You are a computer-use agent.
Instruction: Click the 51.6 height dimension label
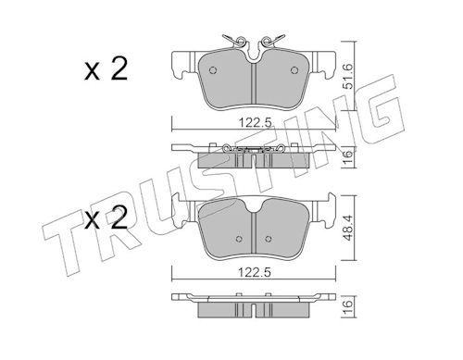coord(348,77)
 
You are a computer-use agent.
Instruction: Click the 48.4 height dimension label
coord(348,229)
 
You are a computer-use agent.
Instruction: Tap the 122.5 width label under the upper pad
coord(256,123)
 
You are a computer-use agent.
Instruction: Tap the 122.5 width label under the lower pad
coord(255,272)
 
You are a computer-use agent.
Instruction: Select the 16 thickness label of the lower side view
coord(348,304)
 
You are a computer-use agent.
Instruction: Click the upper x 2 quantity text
coord(106,69)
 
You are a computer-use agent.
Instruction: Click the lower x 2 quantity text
coord(106,217)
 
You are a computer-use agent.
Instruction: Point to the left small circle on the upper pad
coord(213,70)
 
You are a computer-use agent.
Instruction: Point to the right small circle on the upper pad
coord(294,70)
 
